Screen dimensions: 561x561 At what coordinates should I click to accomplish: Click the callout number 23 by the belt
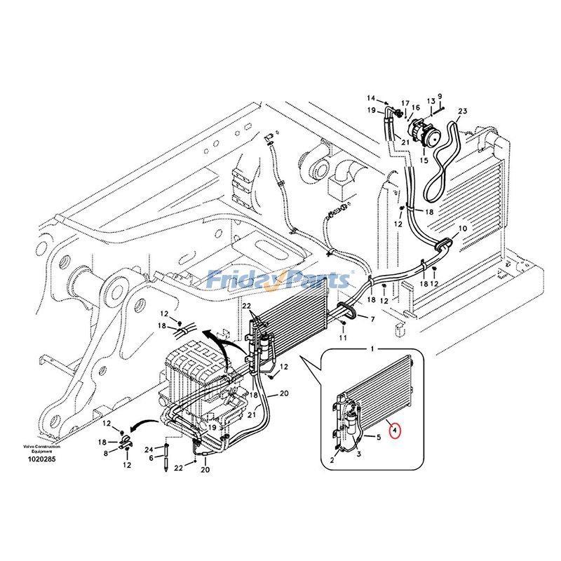coord(462,111)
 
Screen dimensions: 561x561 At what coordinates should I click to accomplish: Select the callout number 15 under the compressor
coord(423,160)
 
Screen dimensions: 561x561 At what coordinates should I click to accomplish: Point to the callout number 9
coord(440,96)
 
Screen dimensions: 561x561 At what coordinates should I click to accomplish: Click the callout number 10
coord(462,229)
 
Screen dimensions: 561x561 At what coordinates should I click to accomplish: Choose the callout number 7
coord(372,319)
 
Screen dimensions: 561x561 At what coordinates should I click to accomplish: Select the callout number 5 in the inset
coord(378,438)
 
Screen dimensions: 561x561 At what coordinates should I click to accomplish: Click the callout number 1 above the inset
coord(373,348)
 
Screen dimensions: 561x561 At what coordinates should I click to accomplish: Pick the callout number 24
coord(149,449)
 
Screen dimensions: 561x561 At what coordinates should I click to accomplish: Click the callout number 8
coord(107,453)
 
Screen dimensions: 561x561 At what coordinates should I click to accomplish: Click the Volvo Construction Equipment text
coord(41,449)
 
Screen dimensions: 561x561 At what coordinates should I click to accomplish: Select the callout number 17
coord(405,103)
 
